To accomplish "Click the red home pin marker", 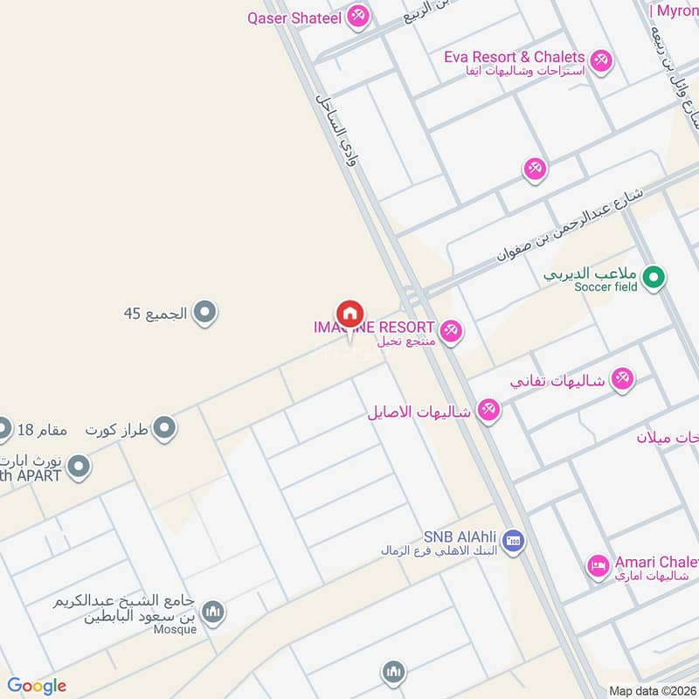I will tap(349, 314).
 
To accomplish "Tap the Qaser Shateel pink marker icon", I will tap(356, 16).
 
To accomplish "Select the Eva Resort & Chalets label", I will tap(514, 57).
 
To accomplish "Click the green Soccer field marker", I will tap(652, 279).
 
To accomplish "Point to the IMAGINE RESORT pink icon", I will tap(451, 330).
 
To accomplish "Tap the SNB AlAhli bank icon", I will tap(514, 543).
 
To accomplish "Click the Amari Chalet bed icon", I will tap(598, 565).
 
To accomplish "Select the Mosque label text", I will tap(175, 629).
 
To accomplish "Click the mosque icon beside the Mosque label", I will tap(212, 613).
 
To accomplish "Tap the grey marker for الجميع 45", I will tap(204, 312).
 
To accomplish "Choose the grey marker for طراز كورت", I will tap(163, 429).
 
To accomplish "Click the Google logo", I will tap(37, 686).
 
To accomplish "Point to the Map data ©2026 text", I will tap(652, 691).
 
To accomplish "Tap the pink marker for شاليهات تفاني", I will tap(622, 378).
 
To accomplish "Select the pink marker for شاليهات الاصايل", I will tap(488, 412).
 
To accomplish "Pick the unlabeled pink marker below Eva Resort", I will tap(536, 169).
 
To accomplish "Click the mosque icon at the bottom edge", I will tap(392, 673).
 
